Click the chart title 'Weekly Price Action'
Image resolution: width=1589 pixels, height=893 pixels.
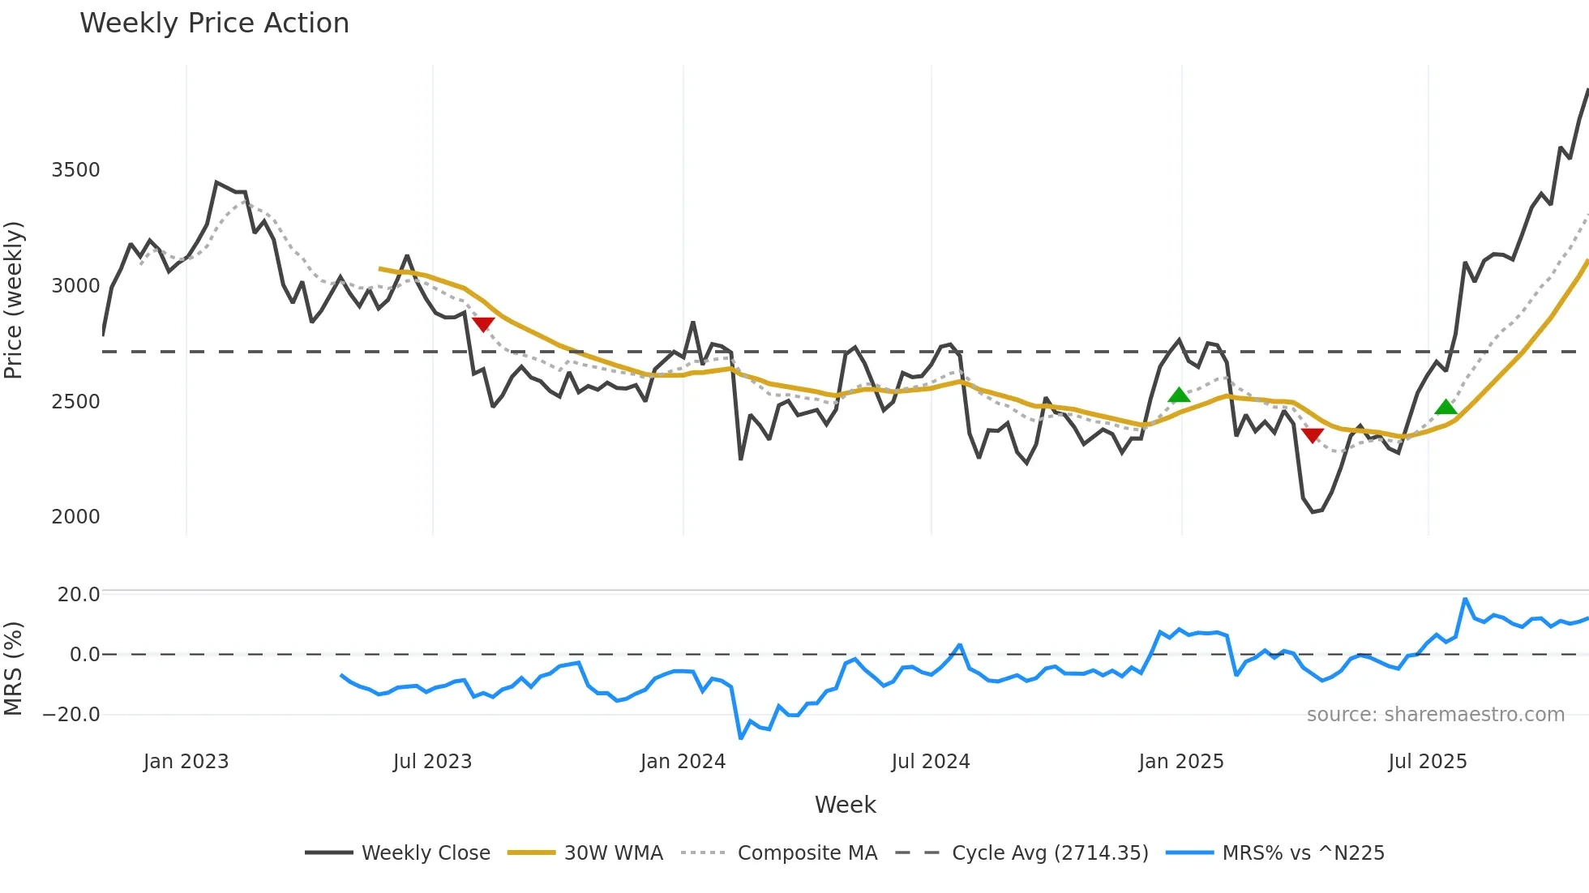(x=214, y=23)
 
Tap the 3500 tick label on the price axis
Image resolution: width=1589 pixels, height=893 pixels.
(x=75, y=170)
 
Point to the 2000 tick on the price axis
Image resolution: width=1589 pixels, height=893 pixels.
(x=75, y=517)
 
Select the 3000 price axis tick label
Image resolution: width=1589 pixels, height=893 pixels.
(x=75, y=286)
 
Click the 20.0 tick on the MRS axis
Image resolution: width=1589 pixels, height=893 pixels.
(x=79, y=595)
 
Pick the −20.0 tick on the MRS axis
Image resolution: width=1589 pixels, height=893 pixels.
(x=71, y=715)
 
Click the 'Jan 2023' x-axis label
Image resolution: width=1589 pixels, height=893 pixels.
(x=186, y=762)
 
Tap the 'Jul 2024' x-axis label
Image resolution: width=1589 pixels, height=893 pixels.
(x=930, y=762)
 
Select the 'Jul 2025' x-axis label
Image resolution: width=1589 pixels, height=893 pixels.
(x=1427, y=762)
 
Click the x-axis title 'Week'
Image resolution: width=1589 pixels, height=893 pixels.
(x=845, y=805)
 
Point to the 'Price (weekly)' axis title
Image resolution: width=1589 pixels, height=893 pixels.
(x=14, y=300)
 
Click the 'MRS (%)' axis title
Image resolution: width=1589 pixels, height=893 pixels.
(x=14, y=669)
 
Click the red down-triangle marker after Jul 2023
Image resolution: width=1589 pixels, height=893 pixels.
(x=483, y=324)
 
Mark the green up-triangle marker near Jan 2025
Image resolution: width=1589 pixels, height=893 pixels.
(x=1179, y=395)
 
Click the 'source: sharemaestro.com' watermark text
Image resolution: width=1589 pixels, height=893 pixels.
(x=1435, y=715)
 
